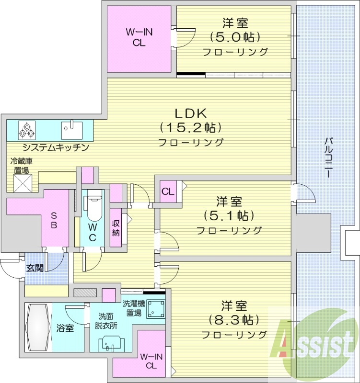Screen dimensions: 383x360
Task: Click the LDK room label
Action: [x=190, y=113]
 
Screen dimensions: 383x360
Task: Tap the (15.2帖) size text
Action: [x=190, y=127]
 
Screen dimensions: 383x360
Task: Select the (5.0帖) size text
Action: [x=235, y=37]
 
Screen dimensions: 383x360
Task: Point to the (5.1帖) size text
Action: [x=229, y=215]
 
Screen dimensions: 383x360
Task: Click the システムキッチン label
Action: [x=48, y=147]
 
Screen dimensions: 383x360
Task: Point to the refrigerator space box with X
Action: [x=21, y=182]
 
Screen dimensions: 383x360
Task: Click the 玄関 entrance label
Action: [x=35, y=268]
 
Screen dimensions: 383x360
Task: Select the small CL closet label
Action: [x=167, y=192]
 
